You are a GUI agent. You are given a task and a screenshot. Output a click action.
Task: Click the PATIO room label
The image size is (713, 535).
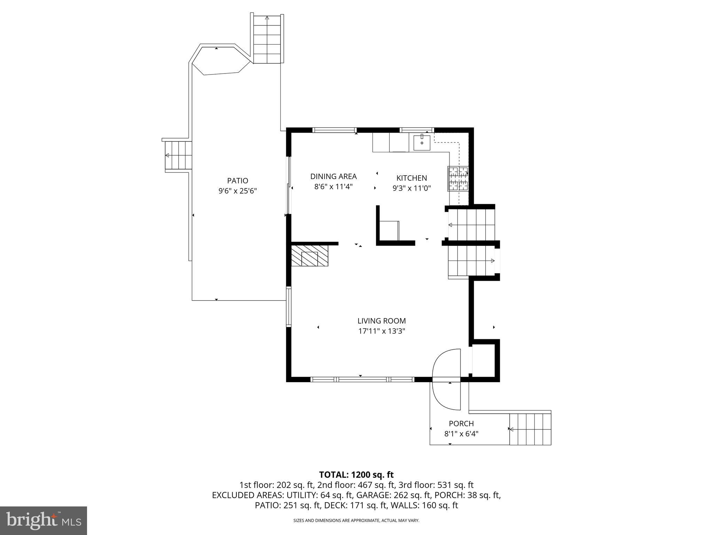click(x=237, y=181)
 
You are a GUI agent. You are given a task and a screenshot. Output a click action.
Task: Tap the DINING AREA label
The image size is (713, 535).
click(x=333, y=177)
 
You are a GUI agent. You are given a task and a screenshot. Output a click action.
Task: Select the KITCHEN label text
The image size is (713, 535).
click(x=412, y=178)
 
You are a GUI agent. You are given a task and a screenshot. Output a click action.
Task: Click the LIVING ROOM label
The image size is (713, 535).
click(x=382, y=321)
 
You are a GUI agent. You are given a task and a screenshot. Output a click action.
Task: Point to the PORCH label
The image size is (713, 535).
click(x=461, y=424)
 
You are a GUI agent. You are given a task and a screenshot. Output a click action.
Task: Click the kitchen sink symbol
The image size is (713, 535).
click(x=422, y=143)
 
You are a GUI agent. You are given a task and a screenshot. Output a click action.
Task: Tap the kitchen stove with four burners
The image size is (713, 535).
click(x=458, y=179)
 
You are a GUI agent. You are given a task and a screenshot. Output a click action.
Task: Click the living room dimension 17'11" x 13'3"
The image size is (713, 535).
click(x=382, y=331)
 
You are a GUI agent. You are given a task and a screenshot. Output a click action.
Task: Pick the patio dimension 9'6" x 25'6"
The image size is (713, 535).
click(x=237, y=191)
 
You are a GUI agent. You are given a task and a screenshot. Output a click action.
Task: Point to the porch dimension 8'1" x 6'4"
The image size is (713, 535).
click(x=461, y=434)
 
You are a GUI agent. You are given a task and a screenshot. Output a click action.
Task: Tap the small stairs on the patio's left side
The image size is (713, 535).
click(x=178, y=155)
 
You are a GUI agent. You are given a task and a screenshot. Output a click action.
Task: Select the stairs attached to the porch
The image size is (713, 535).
click(x=530, y=429)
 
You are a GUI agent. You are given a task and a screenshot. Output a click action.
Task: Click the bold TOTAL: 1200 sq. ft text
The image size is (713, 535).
click(x=356, y=475)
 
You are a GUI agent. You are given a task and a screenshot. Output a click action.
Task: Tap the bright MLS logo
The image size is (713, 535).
click(x=44, y=520)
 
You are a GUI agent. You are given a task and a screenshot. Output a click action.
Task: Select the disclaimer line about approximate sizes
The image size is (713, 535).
click(x=356, y=521)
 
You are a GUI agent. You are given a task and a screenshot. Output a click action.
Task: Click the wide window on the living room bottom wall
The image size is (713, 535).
click(x=362, y=379)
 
